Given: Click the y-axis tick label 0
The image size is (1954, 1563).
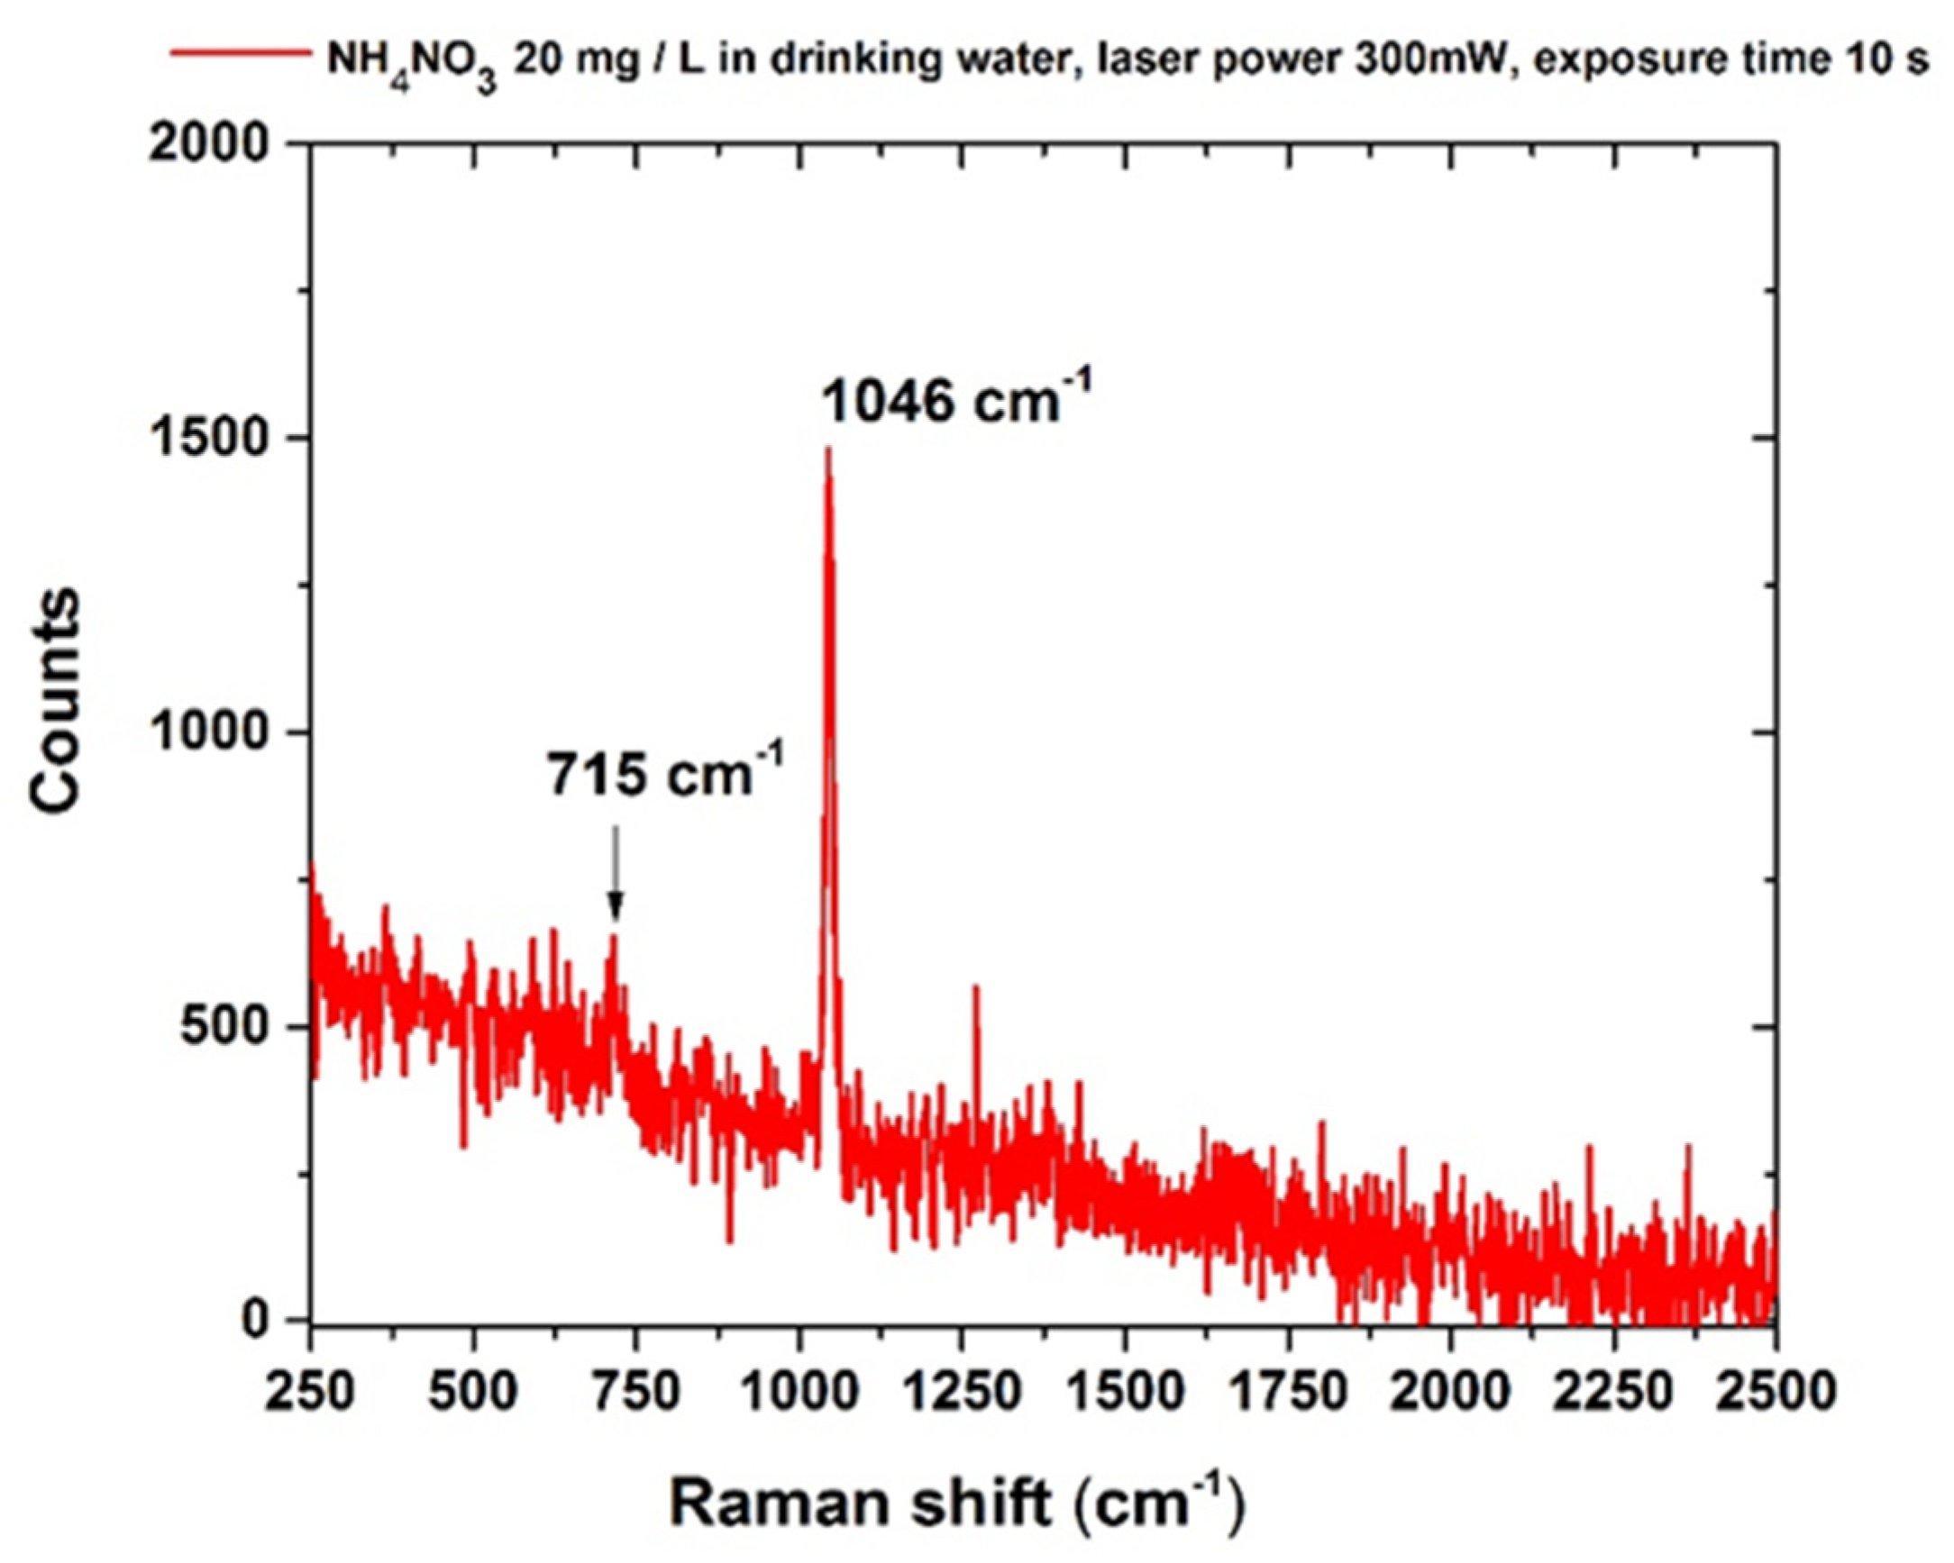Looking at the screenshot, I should click(x=257, y=1320).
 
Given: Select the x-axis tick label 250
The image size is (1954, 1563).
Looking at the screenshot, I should click(x=309, y=1390).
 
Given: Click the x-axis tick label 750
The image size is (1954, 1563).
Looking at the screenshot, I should click(x=635, y=1390).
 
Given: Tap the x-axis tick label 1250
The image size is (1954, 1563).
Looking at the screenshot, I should click(x=961, y=1390).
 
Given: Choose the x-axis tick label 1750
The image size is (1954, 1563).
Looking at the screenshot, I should click(x=1287, y=1390).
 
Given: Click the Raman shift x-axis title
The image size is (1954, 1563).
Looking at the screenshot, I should click(x=956, y=1503).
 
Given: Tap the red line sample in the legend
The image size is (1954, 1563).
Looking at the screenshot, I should click(x=240, y=52).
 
